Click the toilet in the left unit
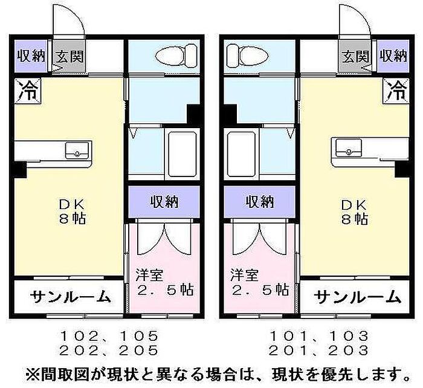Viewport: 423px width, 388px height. point(176,57)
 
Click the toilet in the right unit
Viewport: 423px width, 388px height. point(248,57)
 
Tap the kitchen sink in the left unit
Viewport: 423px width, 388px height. point(77,150)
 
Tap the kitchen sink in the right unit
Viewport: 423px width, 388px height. point(349,147)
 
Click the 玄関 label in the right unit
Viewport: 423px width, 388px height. point(356,56)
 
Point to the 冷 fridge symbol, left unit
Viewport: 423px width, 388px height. point(28,91)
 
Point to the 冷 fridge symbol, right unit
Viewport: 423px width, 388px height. point(396,91)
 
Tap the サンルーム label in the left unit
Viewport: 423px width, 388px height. point(70,297)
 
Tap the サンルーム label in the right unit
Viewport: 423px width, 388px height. point(357,297)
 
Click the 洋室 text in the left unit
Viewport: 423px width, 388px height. point(149,275)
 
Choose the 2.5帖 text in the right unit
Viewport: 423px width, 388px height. point(260,289)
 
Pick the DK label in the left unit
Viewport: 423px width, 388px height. point(72,204)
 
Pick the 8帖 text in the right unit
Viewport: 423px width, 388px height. point(354,219)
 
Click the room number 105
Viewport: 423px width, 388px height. point(138,336)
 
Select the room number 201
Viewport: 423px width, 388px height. point(288,351)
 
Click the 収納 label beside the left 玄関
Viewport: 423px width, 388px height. point(31,56)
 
